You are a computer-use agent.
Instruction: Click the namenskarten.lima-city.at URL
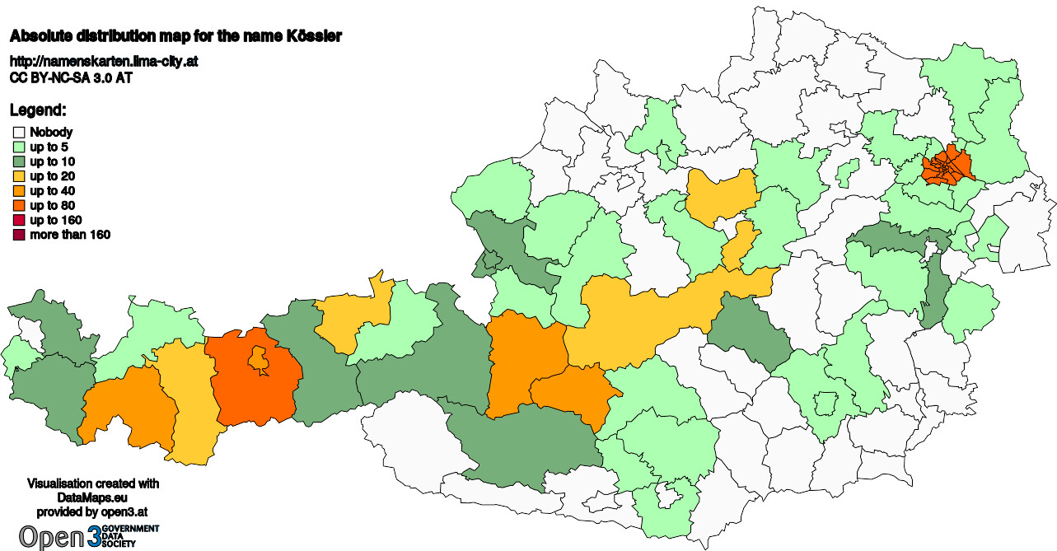pyautogui.click(x=103, y=62)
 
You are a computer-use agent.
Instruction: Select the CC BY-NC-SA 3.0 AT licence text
pyautogui.click(x=71, y=78)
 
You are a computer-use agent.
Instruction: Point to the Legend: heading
pyautogui.click(x=38, y=110)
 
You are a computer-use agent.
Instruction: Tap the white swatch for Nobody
pyautogui.click(x=19, y=132)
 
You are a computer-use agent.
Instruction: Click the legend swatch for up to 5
pyautogui.click(x=19, y=147)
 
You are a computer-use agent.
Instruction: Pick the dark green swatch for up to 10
pyautogui.click(x=19, y=161)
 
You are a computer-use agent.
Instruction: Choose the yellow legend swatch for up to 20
pyautogui.click(x=19, y=176)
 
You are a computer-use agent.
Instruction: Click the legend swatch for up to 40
pyautogui.click(x=19, y=191)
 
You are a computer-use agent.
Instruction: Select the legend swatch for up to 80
pyautogui.click(x=19, y=206)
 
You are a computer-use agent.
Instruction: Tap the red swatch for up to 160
pyautogui.click(x=19, y=221)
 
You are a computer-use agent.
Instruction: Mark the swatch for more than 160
pyautogui.click(x=19, y=236)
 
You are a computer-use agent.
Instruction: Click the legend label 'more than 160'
pyautogui.click(x=70, y=236)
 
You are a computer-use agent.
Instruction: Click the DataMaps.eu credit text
pyautogui.click(x=93, y=497)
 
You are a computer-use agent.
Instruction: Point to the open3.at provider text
pyautogui.click(x=93, y=511)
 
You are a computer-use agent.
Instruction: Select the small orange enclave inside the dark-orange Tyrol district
pyautogui.click(x=258, y=358)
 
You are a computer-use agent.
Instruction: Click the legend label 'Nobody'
pyautogui.click(x=51, y=132)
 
